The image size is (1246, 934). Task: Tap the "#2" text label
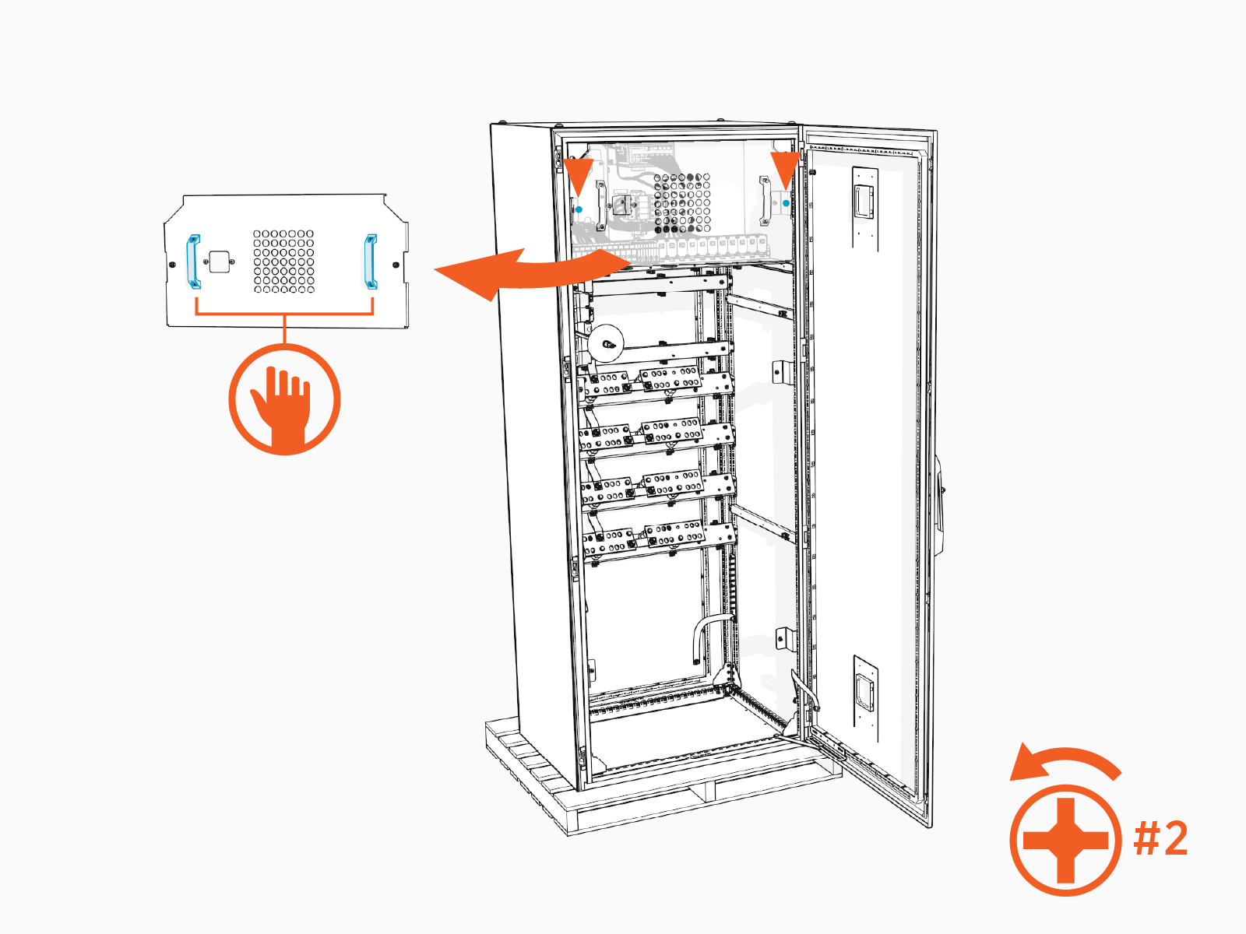(1160, 839)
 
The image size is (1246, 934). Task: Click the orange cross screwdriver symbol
(1065, 841)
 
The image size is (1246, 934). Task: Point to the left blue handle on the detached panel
(192, 261)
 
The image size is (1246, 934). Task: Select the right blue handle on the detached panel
(371, 261)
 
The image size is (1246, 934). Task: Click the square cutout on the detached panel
(220, 262)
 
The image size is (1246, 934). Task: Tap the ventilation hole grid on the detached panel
(284, 262)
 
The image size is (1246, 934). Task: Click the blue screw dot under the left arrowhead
(579, 209)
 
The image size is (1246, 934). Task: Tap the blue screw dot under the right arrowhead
(786, 202)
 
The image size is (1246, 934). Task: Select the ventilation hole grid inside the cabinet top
(681, 202)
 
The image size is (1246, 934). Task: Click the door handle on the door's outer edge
(941, 506)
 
